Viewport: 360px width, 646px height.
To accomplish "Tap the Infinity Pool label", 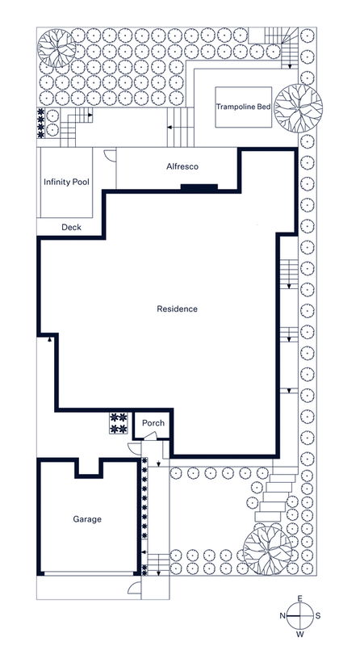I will [x=65, y=182].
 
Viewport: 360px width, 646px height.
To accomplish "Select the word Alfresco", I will [x=178, y=166].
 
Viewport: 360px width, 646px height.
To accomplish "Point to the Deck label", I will [x=71, y=227].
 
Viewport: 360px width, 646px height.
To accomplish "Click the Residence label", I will [x=177, y=308].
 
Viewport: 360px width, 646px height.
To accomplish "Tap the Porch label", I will [x=153, y=423].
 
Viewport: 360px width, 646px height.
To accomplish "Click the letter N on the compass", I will [x=283, y=615].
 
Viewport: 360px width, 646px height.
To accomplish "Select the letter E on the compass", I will [x=300, y=598].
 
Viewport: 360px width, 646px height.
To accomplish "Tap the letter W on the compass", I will [x=300, y=634].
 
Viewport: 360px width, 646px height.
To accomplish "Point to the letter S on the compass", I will [x=318, y=615].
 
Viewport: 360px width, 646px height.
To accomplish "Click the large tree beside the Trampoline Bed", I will [x=298, y=107].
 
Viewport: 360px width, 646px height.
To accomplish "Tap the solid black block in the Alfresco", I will [x=199, y=188].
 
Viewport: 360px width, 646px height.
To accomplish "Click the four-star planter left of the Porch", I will [x=119, y=423].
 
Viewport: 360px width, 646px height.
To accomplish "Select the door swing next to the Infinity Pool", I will [x=111, y=157].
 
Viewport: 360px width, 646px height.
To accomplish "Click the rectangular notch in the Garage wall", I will [x=87, y=469].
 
